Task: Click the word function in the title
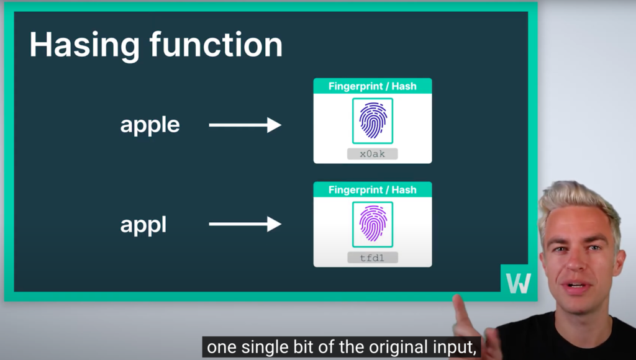[x=216, y=44]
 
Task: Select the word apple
[x=150, y=125]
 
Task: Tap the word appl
[x=143, y=225]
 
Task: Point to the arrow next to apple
[x=245, y=125]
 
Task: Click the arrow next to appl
[x=245, y=224]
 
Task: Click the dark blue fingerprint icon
[x=373, y=120]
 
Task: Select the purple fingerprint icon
[x=373, y=224]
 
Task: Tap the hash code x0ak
[x=373, y=154]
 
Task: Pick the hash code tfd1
[x=373, y=258]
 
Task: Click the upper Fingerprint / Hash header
[x=373, y=86]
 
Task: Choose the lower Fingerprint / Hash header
[x=373, y=190]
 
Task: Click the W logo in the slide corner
[x=519, y=283]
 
